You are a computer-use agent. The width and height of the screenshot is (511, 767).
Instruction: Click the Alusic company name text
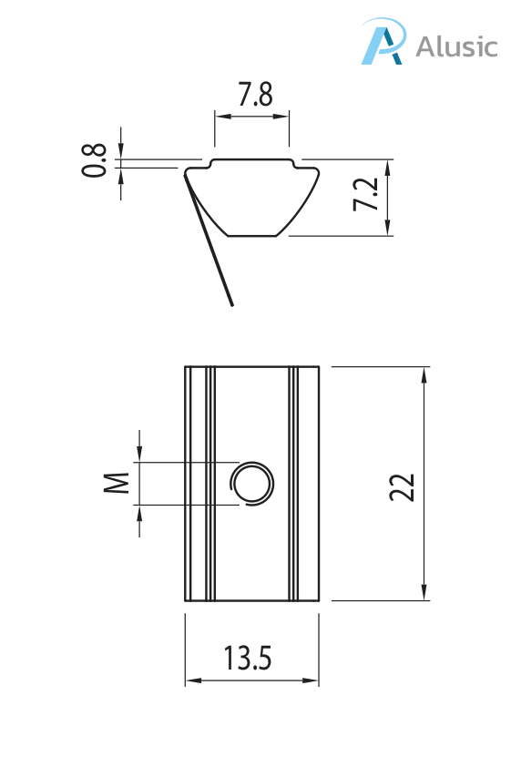pyautogui.click(x=457, y=46)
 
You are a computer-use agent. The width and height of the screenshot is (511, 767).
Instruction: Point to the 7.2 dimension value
pyautogui.click(x=365, y=195)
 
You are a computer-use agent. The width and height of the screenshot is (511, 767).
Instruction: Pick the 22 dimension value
pyautogui.click(x=402, y=486)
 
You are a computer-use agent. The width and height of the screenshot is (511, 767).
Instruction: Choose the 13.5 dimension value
pyautogui.click(x=248, y=658)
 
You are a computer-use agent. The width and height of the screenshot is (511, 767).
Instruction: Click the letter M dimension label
pyautogui.click(x=116, y=483)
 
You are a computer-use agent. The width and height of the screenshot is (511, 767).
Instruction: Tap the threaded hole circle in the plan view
pyautogui.click(x=251, y=483)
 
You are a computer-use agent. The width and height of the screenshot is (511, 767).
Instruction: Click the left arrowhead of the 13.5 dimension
pyautogui.click(x=191, y=680)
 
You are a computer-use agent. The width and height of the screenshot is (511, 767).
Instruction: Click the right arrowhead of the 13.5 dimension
pyautogui.click(x=313, y=680)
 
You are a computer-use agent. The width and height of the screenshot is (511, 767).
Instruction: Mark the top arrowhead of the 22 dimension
pyautogui.click(x=424, y=373)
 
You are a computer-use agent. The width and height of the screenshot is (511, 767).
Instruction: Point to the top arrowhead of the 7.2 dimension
pyautogui.click(x=388, y=167)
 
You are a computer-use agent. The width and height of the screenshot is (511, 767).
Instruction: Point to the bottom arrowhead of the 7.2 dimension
pyautogui.click(x=388, y=230)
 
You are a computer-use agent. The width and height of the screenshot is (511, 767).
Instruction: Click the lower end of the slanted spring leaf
pyautogui.click(x=231, y=303)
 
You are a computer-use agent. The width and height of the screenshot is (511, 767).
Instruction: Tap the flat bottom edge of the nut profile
pyautogui.click(x=252, y=236)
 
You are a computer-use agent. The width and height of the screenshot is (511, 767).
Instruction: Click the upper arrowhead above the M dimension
pyautogui.click(x=139, y=455)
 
